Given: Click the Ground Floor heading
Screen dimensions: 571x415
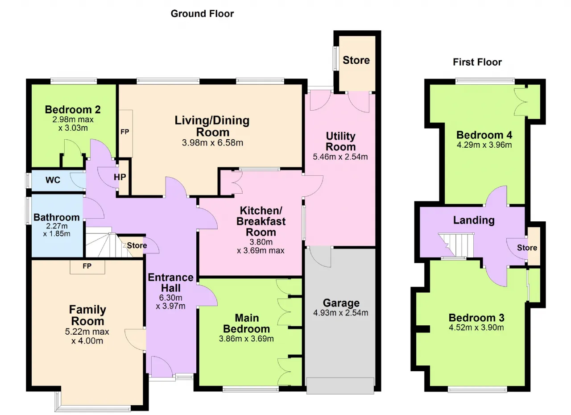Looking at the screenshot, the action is click(202, 14).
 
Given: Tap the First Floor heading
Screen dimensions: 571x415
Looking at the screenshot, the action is click(477, 62).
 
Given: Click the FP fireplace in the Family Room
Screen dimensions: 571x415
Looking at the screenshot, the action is click(87, 267).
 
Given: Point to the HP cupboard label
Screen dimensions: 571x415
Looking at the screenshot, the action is click(120, 177).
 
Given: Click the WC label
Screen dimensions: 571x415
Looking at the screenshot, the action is click(53, 180).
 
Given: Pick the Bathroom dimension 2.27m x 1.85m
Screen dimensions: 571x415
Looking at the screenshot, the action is click(57, 230).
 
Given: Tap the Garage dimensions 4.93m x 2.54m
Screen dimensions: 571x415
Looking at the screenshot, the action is click(340, 313).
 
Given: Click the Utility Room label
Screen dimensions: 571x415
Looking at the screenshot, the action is click(340, 141).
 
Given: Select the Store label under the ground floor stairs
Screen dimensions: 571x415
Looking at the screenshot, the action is click(137, 245).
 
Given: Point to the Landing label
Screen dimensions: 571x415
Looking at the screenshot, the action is click(474, 220).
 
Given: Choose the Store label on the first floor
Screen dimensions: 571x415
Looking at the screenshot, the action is click(527, 248).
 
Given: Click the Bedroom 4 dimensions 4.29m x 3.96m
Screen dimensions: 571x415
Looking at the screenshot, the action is click(484, 145).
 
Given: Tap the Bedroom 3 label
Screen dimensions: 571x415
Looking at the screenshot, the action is click(476, 318).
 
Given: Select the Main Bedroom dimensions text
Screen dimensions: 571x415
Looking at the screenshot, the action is click(246, 339).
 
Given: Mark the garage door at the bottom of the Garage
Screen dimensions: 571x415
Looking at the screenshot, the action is click(340, 386).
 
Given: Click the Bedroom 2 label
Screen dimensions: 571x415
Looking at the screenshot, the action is click(73, 110).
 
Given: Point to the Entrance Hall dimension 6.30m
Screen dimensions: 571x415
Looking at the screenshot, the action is click(170, 298).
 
